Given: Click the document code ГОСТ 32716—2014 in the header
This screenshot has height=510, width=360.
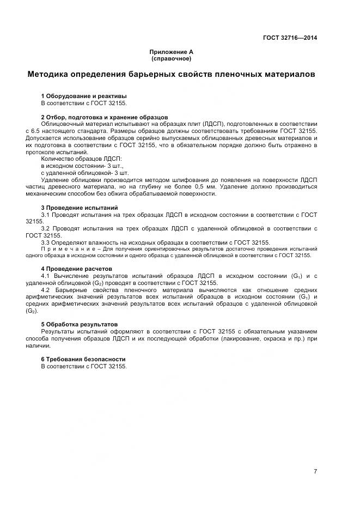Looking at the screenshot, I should click(290, 38).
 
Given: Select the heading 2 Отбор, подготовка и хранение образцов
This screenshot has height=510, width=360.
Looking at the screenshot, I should click(104, 117).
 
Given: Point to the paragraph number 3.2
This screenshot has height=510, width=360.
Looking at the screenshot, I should click(46, 228).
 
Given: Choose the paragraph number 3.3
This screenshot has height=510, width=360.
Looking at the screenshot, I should click(46, 242).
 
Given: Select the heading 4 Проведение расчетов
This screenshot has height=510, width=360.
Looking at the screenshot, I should click(76, 269).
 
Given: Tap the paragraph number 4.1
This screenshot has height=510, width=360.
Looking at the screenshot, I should click(46, 276).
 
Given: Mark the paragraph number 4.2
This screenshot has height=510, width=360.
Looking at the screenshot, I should click(46, 290).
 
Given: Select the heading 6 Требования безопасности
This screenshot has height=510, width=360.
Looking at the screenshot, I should click(83, 359).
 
